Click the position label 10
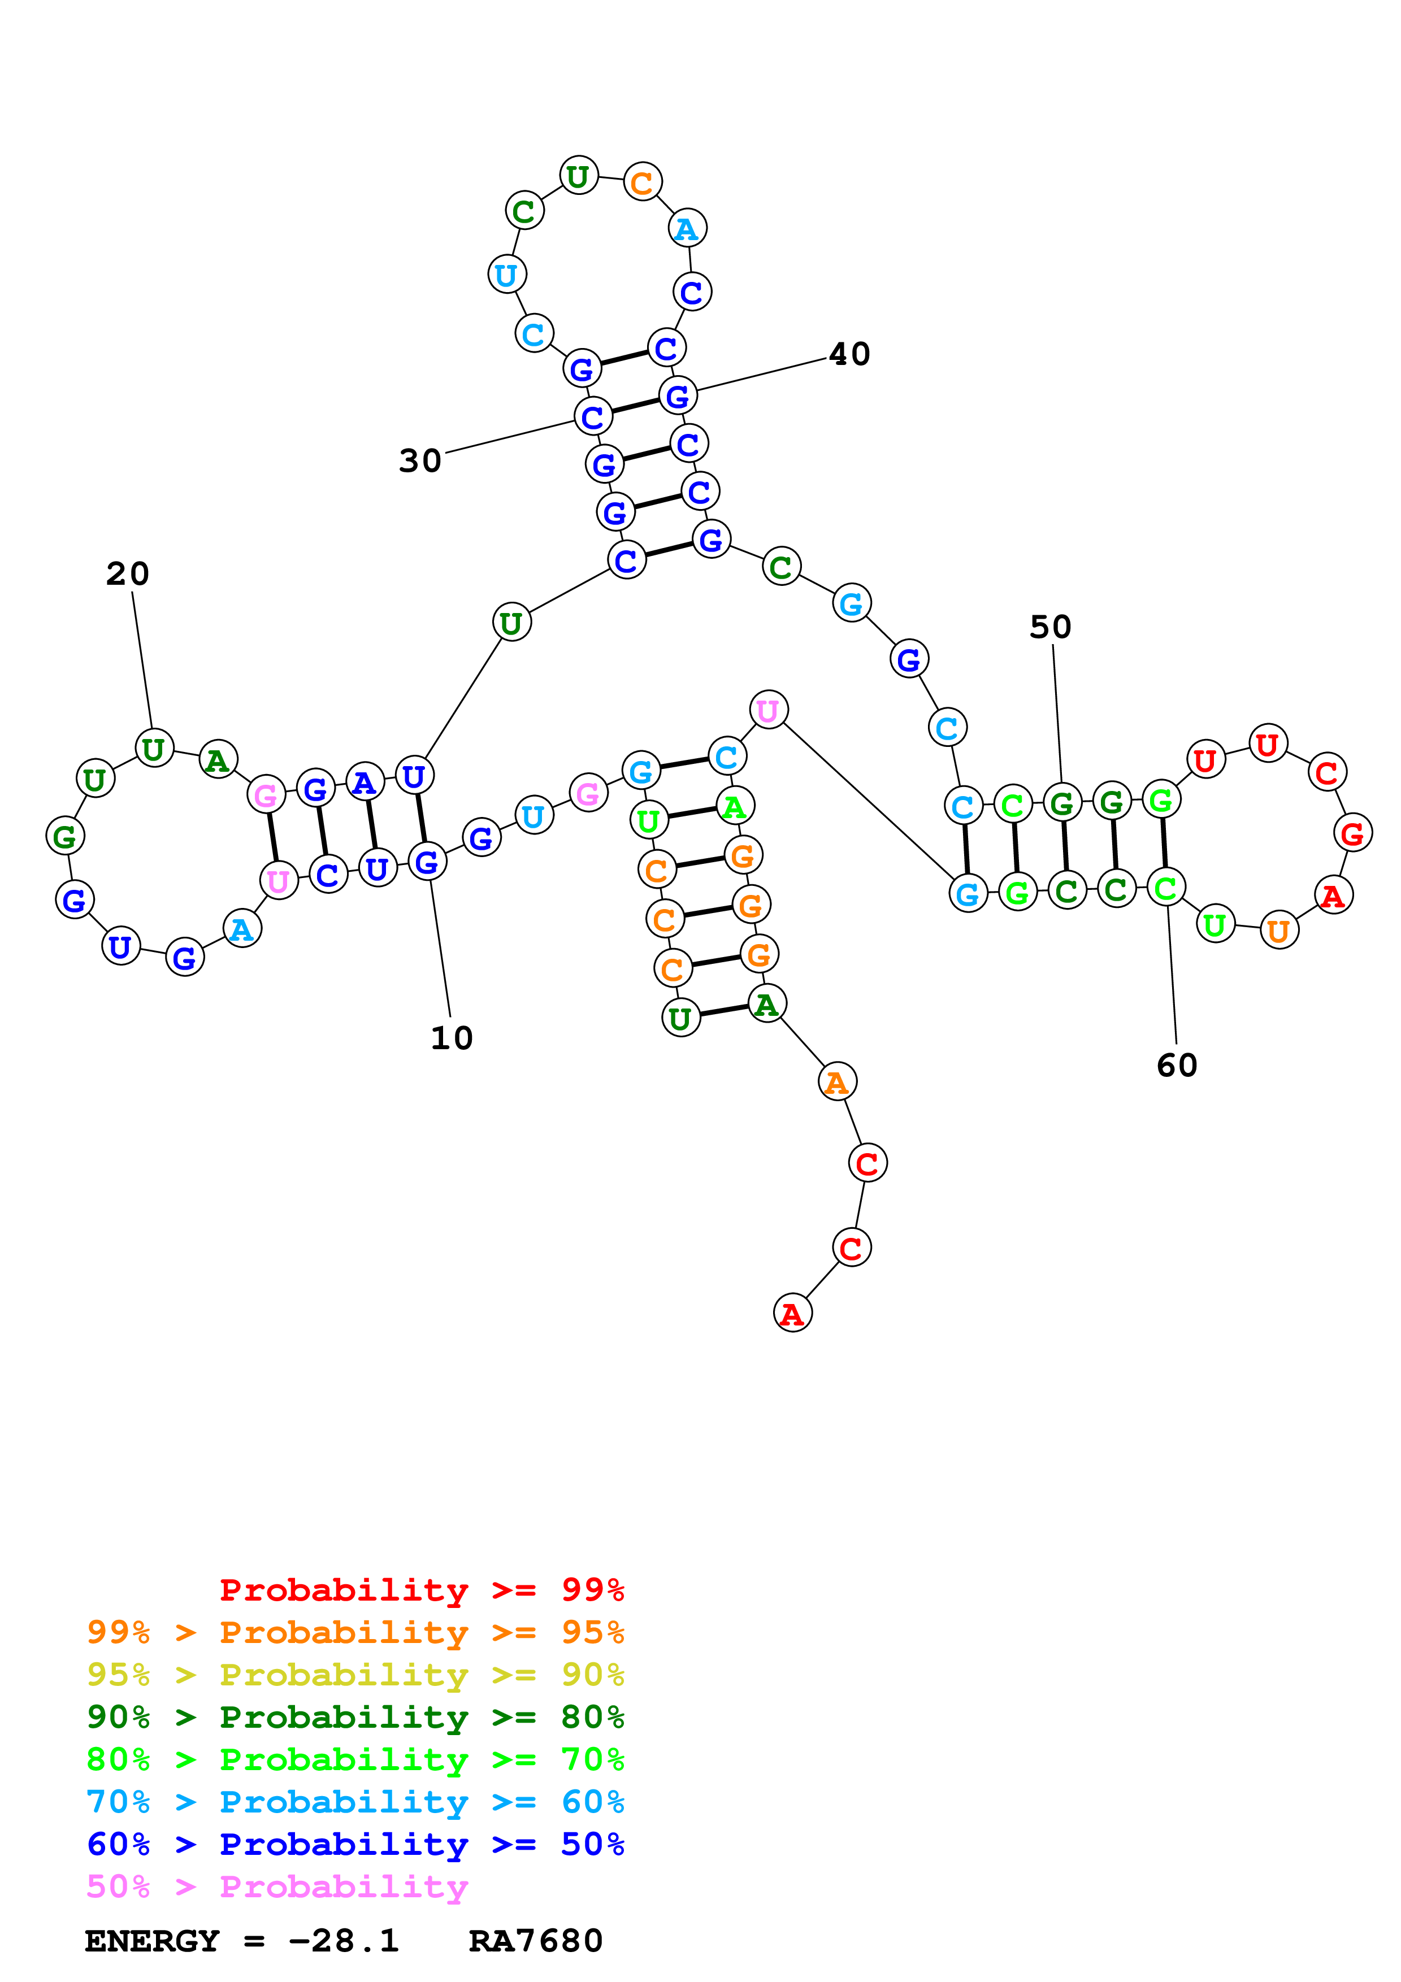tap(452, 1038)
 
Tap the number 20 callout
tap(128, 574)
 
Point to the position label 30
tap(420, 461)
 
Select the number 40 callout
tap(849, 354)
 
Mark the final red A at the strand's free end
tap(792, 1313)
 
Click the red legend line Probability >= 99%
tap(421, 1590)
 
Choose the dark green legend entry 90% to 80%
tap(355, 1717)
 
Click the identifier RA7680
tap(535, 1941)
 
